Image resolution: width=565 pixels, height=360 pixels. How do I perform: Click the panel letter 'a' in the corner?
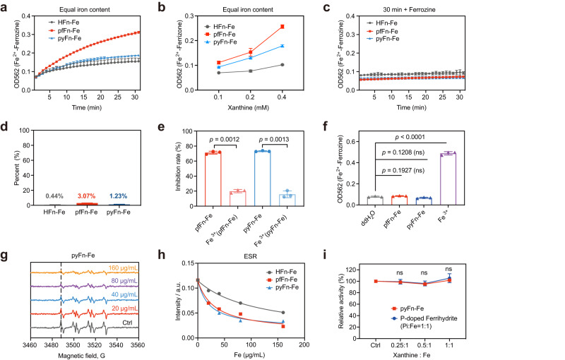tap(5, 6)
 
